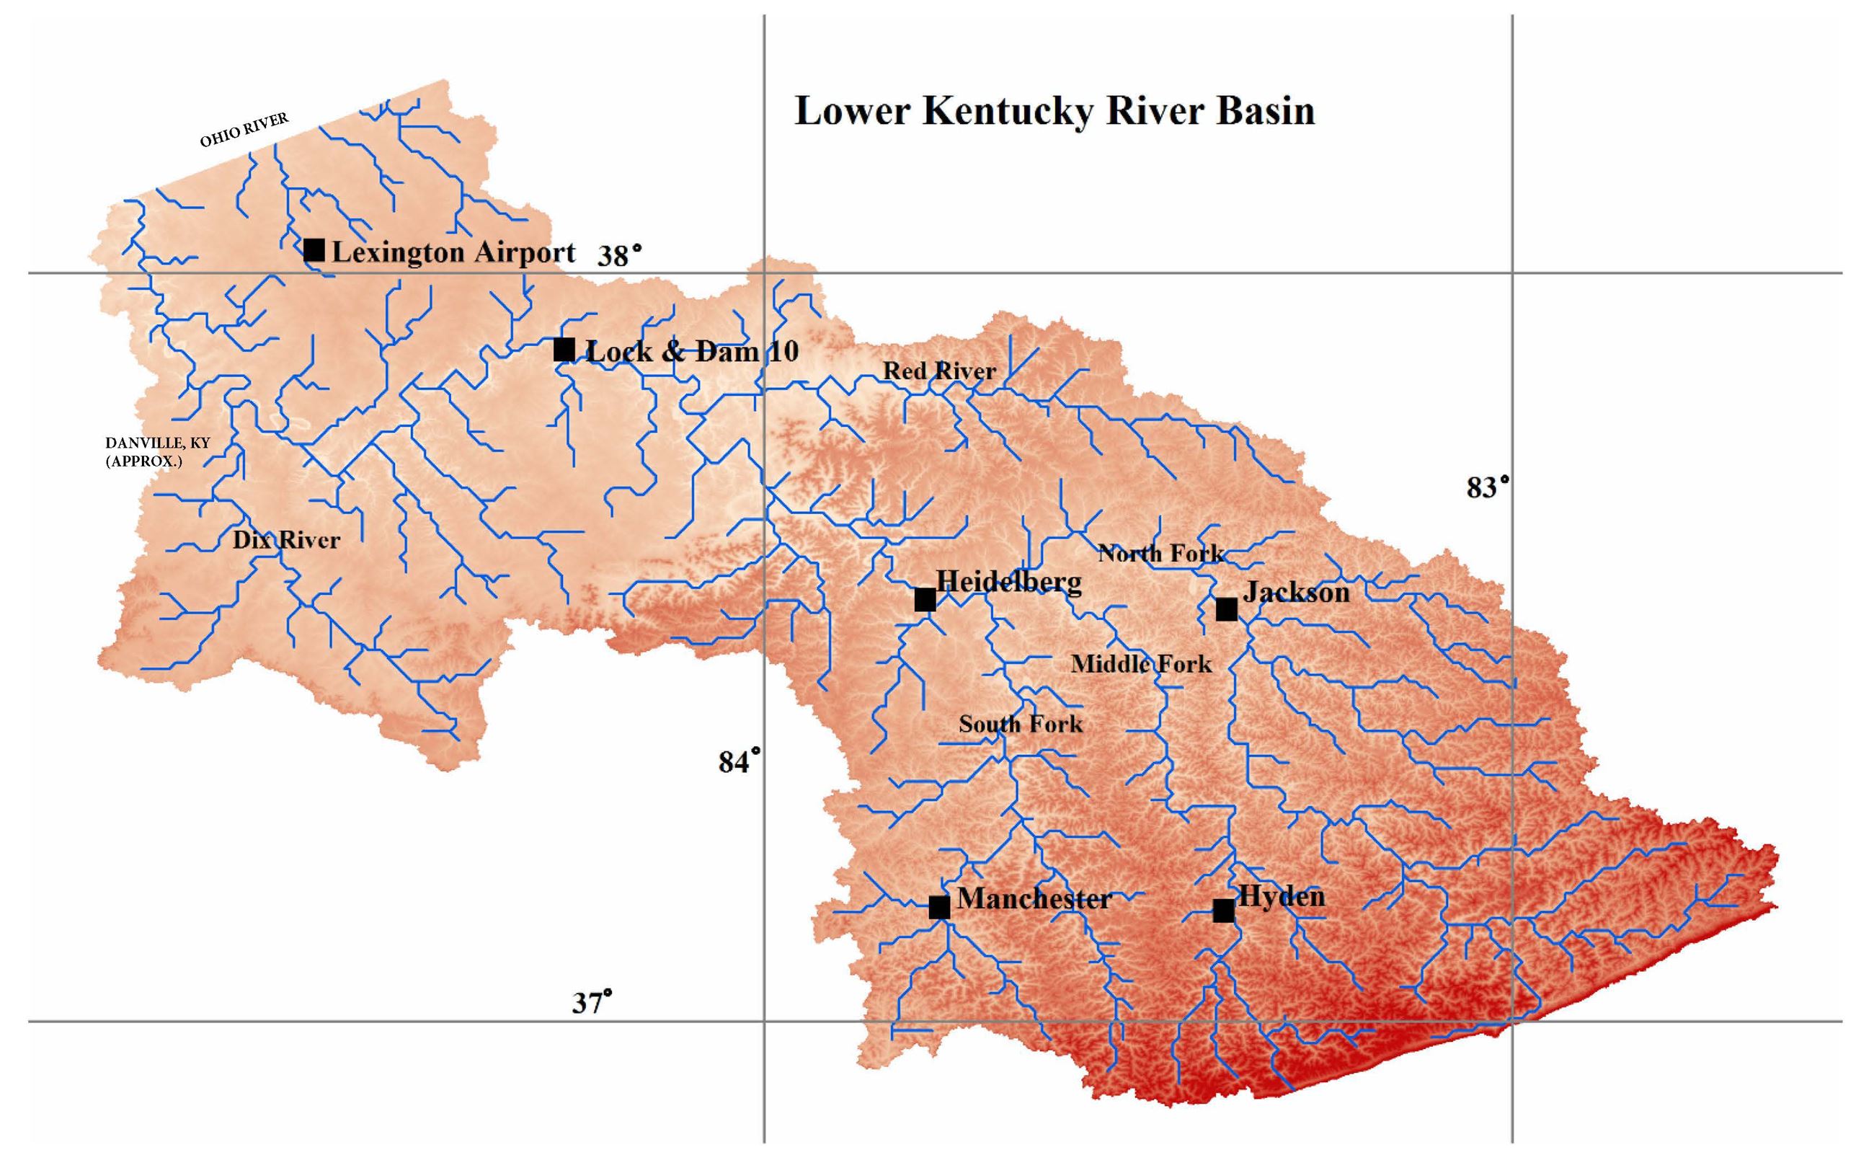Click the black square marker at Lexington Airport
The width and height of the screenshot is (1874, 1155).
point(314,249)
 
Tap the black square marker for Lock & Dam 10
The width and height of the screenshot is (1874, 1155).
point(564,350)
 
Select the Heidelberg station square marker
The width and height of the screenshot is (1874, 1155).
point(925,600)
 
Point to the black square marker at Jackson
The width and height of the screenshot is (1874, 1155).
point(1227,610)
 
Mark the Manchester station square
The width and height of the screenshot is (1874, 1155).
point(939,908)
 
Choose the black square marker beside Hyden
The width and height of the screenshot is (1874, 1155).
point(1223,911)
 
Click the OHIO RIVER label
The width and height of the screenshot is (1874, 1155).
point(244,130)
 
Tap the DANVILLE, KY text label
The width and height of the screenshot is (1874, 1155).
point(157,443)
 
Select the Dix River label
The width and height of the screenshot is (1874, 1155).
point(285,540)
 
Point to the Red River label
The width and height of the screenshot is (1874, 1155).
point(939,371)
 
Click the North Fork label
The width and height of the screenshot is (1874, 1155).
point(1160,553)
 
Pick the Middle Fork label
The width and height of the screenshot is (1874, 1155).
point(1141,664)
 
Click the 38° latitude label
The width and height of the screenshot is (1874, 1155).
point(619,255)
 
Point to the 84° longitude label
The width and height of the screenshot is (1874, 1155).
point(740,761)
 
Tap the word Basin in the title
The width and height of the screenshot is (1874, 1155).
point(1265,112)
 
